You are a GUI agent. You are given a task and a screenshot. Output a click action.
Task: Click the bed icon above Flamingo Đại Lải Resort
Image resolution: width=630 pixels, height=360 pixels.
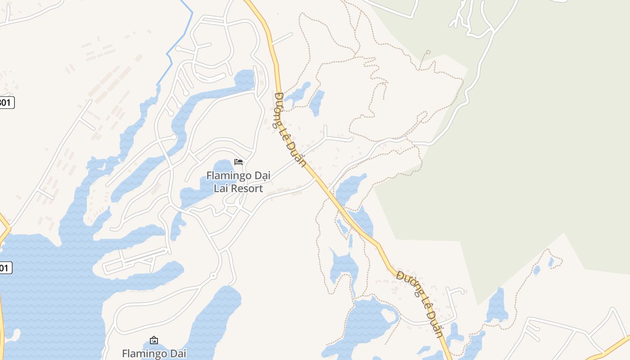pos(238,162)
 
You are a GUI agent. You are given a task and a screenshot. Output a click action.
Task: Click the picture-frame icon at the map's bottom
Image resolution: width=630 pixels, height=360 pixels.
pos(154,340)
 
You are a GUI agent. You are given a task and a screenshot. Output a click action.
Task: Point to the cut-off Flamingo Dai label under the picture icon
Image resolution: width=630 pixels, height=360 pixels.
pos(154,354)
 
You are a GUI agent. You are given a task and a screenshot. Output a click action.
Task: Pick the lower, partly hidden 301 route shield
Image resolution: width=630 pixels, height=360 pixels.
pos(4,268)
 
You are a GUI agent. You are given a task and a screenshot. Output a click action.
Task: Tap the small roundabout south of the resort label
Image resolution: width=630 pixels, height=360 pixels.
pos(213,275)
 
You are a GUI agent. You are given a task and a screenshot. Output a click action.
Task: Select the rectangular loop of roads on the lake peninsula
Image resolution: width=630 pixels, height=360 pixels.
pos(135,260)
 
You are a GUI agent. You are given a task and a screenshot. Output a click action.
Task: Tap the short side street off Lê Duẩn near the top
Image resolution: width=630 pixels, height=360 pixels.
pos(283,39)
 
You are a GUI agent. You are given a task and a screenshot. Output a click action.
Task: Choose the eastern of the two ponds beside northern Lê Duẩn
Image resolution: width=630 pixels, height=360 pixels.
pos(317,103)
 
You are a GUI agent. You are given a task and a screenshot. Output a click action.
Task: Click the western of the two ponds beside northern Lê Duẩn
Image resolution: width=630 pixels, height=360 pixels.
pos(298,93)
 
